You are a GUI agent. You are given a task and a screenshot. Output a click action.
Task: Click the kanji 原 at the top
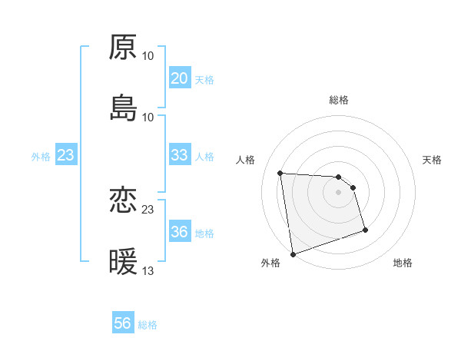click(x=123, y=47)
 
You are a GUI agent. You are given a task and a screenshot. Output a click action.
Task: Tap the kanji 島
click(x=123, y=107)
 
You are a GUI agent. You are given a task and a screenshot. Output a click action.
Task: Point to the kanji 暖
click(x=123, y=262)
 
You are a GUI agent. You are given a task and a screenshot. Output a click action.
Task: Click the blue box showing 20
click(x=179, y=79)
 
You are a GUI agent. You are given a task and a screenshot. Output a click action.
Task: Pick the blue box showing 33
click(x=179, y=156)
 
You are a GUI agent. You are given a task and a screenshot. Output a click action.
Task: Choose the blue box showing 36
click(x=179, y=232)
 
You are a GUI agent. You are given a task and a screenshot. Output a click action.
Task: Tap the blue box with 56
click(x=123, y=324)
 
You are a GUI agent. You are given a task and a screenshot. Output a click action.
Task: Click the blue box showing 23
click(x=66, y=156)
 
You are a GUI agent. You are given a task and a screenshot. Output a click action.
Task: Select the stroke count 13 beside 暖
click(x=148, y=271)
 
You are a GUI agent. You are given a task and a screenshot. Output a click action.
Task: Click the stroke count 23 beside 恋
click(x=148, y=209)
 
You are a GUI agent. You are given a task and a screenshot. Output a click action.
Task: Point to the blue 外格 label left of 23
click(x=41, y=157)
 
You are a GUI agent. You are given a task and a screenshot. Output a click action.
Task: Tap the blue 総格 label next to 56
click(x=148, y=325)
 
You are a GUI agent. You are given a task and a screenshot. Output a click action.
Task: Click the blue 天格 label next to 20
click(x=204, y=80)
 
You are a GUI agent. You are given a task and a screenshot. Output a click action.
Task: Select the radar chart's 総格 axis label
click(x=339, y=100)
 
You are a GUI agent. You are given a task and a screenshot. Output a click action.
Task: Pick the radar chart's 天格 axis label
click(x=433, y=160)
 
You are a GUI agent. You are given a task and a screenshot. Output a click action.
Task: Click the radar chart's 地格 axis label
click(x=403, y=263)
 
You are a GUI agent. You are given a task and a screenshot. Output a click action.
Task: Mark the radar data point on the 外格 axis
click(x=293, y=253)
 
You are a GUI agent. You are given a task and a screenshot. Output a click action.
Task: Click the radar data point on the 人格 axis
click(x=280, y=173)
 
